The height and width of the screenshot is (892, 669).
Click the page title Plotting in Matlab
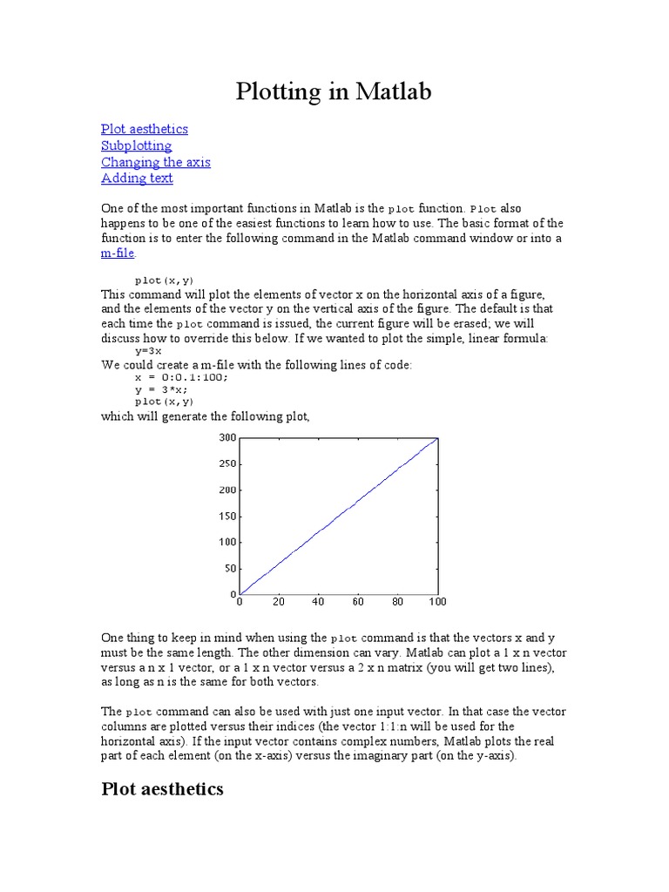click(334, 91)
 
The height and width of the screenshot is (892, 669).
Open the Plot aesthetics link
click(144, 129)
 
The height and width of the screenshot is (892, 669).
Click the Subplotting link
click(136, 145)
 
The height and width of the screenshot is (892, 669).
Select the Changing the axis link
click(155, 162)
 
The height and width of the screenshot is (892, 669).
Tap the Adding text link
click(137, 179)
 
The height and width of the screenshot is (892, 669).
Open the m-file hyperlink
click(118, 253)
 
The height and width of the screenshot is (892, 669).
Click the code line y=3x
click(147, 350)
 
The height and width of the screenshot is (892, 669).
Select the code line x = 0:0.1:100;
click(181, 378)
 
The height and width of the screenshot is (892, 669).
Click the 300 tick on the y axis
click(226, 437)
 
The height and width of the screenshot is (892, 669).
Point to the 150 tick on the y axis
click(226, 516)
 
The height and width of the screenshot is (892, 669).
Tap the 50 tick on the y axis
click(230, 568)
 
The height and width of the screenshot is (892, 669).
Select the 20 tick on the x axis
click(279, 602)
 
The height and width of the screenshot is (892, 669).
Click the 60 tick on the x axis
click(358, 602)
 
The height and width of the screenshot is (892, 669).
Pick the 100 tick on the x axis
click(437, 602)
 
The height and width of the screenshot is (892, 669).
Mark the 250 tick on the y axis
click(226, 463)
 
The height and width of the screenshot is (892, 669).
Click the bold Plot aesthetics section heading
click(162, 789)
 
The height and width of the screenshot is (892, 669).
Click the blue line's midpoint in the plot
click(338, 516)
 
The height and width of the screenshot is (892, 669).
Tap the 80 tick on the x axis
click(397, 602)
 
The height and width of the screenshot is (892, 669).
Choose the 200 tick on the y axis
click(226, 490)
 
